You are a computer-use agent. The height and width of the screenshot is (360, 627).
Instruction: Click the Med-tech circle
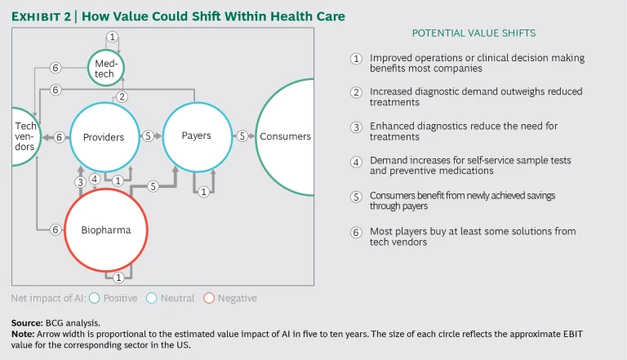(112, 64)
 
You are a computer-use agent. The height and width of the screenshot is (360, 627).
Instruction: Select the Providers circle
(104, 137)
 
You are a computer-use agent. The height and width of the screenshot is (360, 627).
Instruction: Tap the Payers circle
(197, 136)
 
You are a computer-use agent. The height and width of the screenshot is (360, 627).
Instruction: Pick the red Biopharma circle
(105, 230)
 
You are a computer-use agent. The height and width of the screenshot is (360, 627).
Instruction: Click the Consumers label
(285, 136)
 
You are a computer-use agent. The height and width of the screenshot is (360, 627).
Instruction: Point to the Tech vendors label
(24, 136)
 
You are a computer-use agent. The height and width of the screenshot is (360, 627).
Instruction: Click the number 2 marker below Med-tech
(122, 97)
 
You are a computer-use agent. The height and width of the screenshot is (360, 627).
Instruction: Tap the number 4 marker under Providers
(95, 180)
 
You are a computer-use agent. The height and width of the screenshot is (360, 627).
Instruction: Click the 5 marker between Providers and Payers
(147, 136)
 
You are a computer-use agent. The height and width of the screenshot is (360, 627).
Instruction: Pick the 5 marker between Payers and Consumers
(242, 136)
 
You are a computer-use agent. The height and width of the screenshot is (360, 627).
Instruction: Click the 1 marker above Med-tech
(113, 37)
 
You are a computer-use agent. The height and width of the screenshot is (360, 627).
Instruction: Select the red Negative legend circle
(209, 298)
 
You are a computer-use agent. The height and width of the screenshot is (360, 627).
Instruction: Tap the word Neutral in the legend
(178, 298)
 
